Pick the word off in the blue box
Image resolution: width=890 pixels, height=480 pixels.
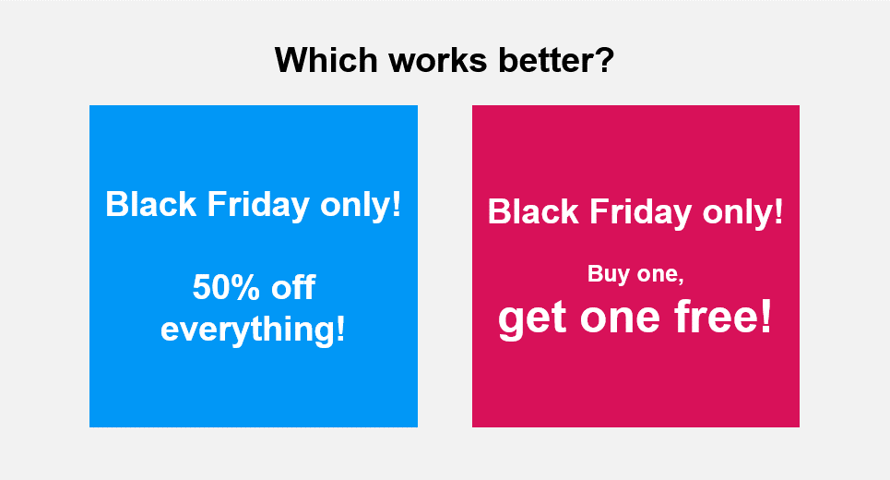[x=292, y=288]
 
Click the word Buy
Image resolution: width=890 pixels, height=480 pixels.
[x=608, y=274]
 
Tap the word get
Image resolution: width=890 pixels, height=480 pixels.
[x=532, y=318]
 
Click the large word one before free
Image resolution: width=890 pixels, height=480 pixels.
[x=621, y=318]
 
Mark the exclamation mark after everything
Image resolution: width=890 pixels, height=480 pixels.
[x=339, y=329]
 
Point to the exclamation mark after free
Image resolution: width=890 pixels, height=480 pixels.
[x=765, y=318]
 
